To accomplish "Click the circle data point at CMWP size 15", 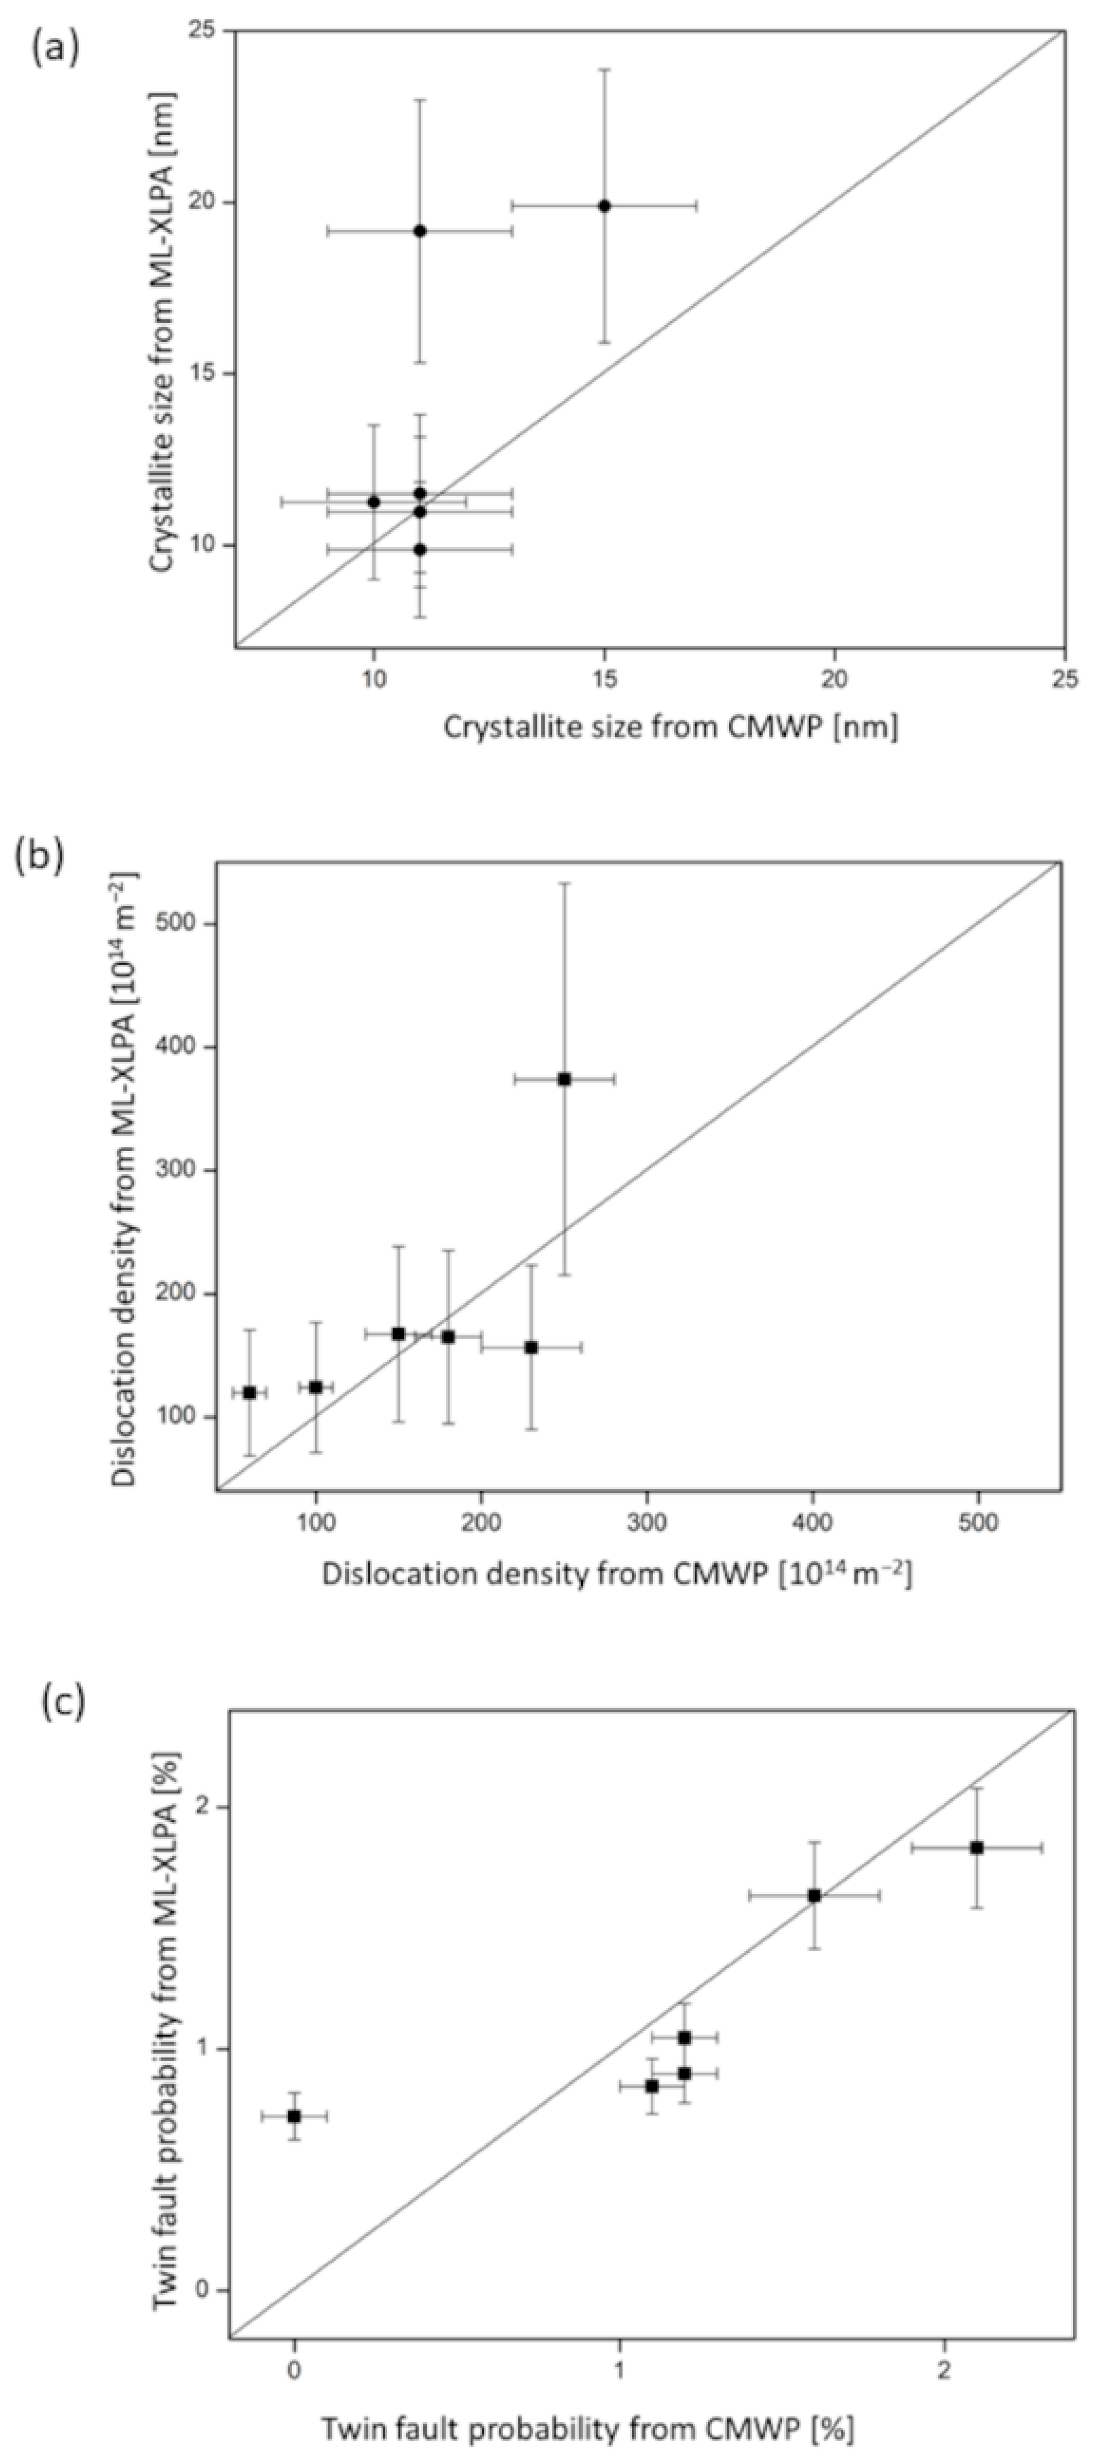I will tap(604, 206).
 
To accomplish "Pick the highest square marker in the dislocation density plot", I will tap(564, 1079).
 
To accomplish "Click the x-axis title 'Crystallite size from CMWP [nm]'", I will tap(670, 728).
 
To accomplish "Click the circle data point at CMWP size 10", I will tap(374, 502).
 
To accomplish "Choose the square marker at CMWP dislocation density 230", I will tap(531, 1347).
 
